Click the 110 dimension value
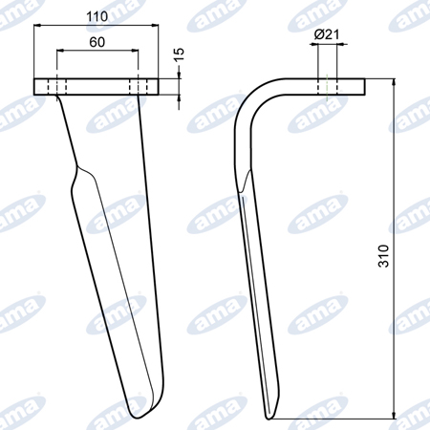(x=97, y=16)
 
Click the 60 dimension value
(x=97, y=42)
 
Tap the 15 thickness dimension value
(x=180, y=54)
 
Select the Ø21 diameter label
(x=327, y=34)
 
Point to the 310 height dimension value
(x=383, y=256)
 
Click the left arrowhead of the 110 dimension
(x=37, y=25)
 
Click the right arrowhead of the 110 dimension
(x=155, y=25)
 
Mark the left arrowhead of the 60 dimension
(x=60, y=51)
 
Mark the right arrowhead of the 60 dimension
(x=135, y=51)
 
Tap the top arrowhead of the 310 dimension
(x=395, y=82)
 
